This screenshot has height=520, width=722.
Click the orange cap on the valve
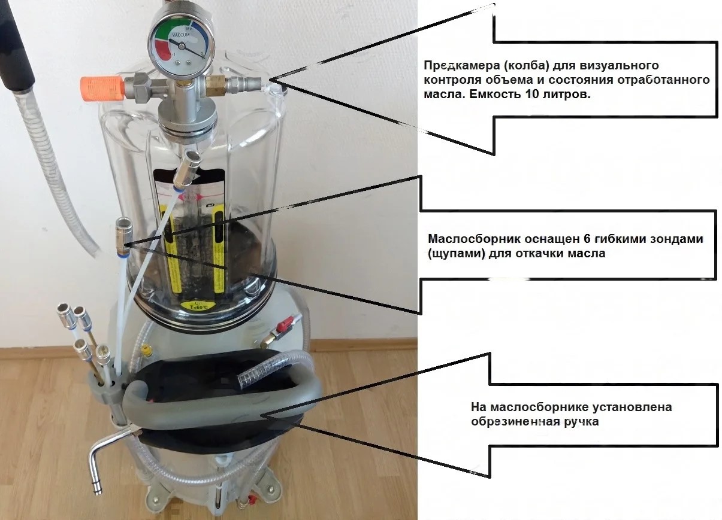102,89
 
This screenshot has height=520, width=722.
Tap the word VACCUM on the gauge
181,35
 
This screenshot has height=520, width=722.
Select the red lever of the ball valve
286,322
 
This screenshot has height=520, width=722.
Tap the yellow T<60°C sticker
194,306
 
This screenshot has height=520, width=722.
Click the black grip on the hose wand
16,48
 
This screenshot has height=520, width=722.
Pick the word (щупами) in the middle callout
457,254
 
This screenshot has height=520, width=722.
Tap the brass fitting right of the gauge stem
215,85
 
